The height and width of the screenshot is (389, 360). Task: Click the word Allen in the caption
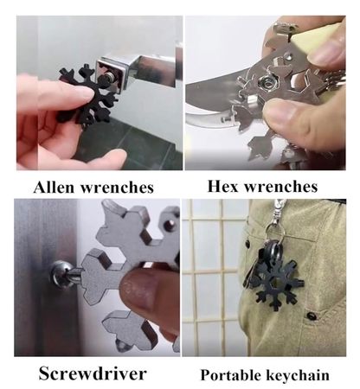coord(55,188)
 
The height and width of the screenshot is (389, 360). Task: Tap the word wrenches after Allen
coord(117,188)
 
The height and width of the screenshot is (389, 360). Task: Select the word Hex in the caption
coord(222,186)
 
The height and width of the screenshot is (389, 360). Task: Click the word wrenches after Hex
coord(281,187)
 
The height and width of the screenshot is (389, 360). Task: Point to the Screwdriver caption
coord(93,373)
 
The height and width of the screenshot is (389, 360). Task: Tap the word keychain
coord(298,375)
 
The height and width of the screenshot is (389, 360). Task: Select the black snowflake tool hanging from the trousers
coord(278,284)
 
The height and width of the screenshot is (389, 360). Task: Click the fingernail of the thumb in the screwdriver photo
coord(138,290)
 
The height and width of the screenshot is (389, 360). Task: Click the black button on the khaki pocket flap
coord(312,316)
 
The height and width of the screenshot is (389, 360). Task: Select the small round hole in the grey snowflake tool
coord(170,223)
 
